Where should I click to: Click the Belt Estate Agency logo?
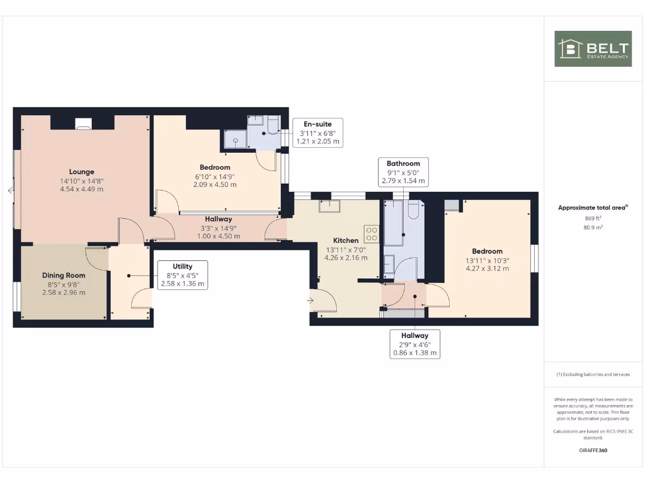coord(593,48)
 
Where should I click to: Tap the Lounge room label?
coord(82,172)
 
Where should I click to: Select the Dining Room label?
coord(64,275)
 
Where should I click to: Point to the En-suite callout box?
coord(317,133)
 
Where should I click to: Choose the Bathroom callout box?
coord(403,172)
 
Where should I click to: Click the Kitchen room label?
coord(346,240)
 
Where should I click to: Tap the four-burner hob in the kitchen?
coord(371,234)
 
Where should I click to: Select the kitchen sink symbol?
coord(329,206)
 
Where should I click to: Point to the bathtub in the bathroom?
coord(394,223)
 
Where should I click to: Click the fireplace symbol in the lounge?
coord(83,125)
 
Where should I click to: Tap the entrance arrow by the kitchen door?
coord(310,301)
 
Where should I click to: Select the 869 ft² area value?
coord(593,219)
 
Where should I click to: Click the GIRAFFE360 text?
coord(593,450)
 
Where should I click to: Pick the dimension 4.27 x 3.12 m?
coord(488,269)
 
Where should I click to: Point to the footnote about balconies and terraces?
coord(593,374)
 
